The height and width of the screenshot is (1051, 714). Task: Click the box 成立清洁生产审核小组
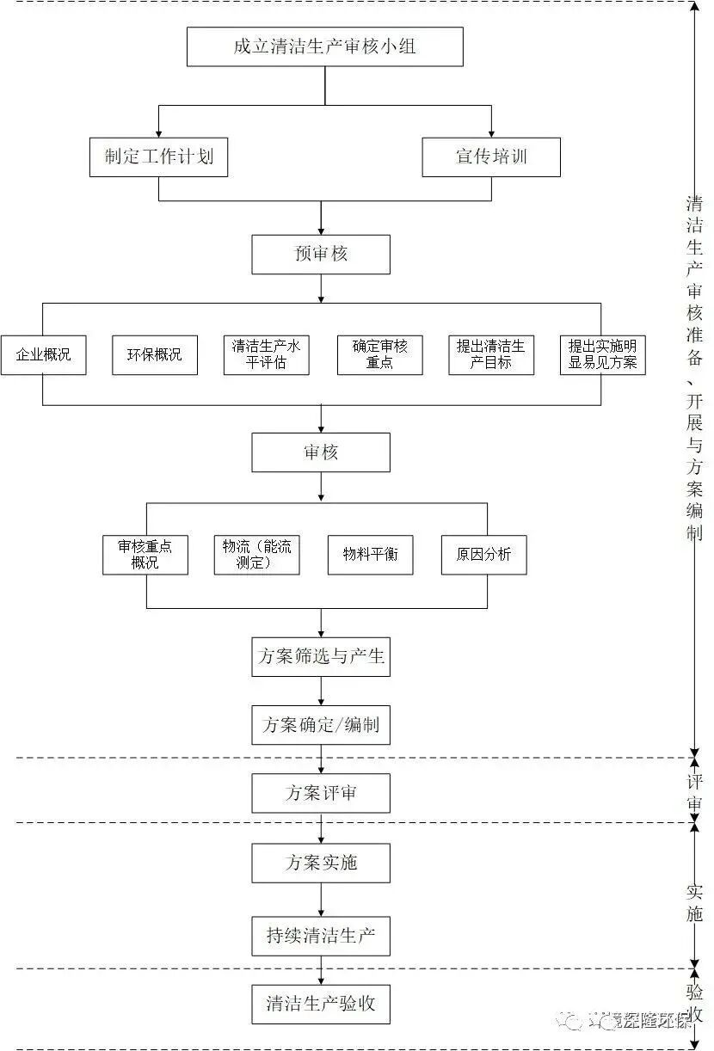pos(324,46)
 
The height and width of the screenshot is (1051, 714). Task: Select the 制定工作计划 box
pos(158,157)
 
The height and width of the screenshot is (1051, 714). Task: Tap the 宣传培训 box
pos(491,157)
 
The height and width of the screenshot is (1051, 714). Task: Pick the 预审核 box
pos(320,255)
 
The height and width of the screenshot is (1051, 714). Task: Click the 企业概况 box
pos(43,354)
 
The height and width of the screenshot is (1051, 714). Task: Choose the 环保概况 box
pos(155,354)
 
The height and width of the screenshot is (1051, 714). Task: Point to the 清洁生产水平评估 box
pos(267,354)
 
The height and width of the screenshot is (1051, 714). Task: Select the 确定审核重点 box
pos(379,354)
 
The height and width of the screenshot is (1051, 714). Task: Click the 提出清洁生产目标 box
pos(491,354)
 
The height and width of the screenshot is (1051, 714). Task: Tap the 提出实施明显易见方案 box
pos(602,354)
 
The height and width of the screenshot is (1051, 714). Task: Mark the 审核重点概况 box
pos(145,555)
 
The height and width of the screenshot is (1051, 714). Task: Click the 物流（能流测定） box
pos(256,555)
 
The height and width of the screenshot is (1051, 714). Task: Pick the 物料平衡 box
pos(370,555)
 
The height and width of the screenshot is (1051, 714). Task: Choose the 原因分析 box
pos(483,555)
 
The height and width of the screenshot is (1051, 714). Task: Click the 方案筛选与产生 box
pos(320,657)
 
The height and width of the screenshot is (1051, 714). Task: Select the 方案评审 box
pos(320,793)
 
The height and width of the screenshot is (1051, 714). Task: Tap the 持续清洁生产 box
pos(320,936)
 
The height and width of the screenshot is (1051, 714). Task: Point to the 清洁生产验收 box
pos(320,1004)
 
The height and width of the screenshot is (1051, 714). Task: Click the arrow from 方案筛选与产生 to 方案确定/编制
pos(320,691)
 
